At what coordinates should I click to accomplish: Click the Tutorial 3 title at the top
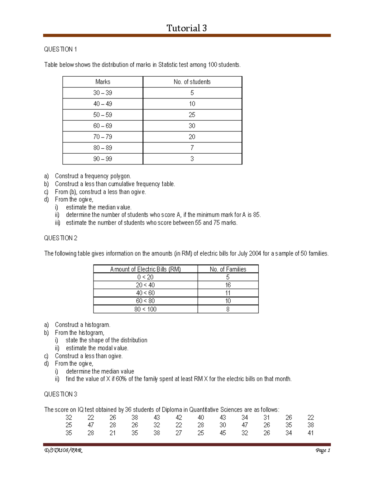coord(186,28)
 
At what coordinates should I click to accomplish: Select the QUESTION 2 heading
coord(61,238)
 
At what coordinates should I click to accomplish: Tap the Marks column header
coord(103,82)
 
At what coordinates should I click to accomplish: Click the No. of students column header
coord(192,82)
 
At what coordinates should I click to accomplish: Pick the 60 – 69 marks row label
coord(103,126)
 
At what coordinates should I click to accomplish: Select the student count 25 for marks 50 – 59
coord(192,115)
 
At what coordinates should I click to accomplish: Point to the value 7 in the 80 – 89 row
coord(192,148)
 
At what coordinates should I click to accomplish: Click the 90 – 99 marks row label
coord(103,159)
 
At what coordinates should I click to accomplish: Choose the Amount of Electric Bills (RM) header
coord(145,269)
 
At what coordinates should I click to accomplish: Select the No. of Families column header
coord(228,269)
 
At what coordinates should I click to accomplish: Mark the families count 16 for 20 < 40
coord(228,285)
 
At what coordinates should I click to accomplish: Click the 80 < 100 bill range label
coord(145,309)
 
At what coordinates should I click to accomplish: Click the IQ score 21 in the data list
coord(113,433)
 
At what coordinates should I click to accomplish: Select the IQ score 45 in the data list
coord(223,433)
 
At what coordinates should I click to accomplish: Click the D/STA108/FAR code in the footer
coord(63,450)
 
